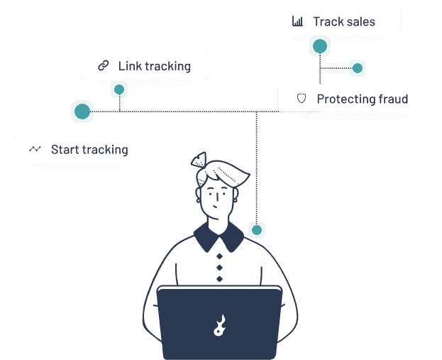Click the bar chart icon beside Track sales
point(297,21)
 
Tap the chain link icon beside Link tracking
point(104,65)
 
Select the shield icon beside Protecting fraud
point(302,99)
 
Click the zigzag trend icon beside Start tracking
point(35,149)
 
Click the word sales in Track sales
point(360,22)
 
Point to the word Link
point(130,66)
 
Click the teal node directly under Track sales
point(320,46)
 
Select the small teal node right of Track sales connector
point(358,68)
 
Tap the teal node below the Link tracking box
point(118,89)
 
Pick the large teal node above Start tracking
point(82,111)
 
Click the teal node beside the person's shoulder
point(257,230)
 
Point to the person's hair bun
point(199,162)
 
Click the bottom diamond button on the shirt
point(219,278)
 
